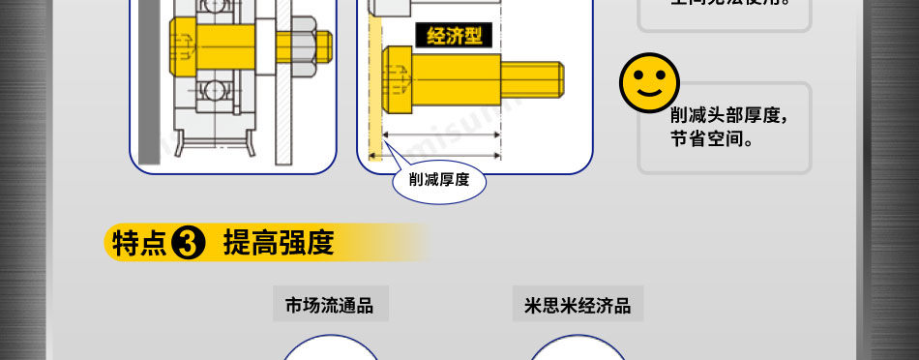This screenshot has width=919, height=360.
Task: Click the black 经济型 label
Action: click(x=454, y=37)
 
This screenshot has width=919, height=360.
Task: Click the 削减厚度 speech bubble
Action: click(x=438, y=179)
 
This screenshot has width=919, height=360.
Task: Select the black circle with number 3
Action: click(x=187, y=244)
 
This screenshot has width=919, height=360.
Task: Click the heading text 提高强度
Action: click(x=278, y=243)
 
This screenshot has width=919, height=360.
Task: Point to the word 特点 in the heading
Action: click(x=139, y=244)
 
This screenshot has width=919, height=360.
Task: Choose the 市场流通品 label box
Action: click(x=329, y=306)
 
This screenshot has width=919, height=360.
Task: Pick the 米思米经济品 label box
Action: click(x=578, y=306)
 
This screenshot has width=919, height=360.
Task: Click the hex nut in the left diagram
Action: click(x=302, y=45)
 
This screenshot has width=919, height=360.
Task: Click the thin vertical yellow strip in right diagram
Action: click(x=374, y=87)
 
